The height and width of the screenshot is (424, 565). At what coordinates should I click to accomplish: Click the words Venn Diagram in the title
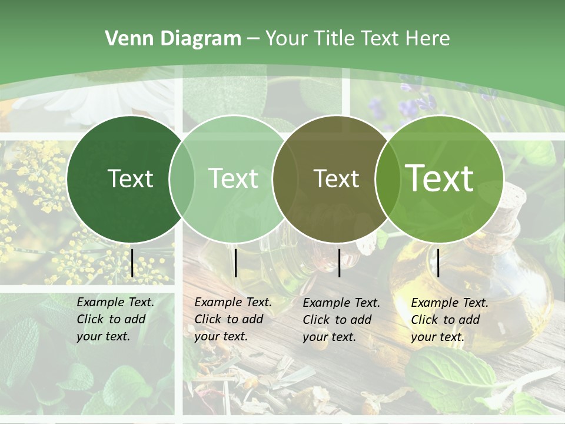pyautogui.click(x=173, y=39)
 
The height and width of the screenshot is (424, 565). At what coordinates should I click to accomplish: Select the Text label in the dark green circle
pyautogui.click(x=130, y=178)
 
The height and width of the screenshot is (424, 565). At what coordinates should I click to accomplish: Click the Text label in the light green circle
pyautogui.click(x=234, y=178)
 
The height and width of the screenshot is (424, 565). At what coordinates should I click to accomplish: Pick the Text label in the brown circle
pyautogui.click(x=336, y=178)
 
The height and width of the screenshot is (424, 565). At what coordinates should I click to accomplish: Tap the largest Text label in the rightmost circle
pyautogui.click(x=440, y=178)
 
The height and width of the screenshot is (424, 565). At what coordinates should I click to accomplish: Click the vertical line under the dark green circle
pyautogui.click(x=132, y=263)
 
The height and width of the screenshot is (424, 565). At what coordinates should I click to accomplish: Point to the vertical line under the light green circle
pyautogui.click(x=235, y=263)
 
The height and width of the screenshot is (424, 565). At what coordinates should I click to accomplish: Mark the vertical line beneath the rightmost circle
pyautogui.click(x=438, y=263)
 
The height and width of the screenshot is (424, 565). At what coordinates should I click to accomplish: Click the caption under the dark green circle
pyautogui.click(x=115, y=319)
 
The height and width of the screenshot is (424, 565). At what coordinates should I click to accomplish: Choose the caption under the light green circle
pyautogui.click(x=233, y=319)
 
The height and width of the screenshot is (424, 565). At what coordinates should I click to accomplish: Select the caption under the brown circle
pyautogui.click(x=341, y=320)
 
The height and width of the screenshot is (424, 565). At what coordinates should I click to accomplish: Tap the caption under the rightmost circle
pyautogui.click(x=450, y=320)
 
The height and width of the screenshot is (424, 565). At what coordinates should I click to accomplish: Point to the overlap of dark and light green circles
pyautogui.click(x=182, y=178)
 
